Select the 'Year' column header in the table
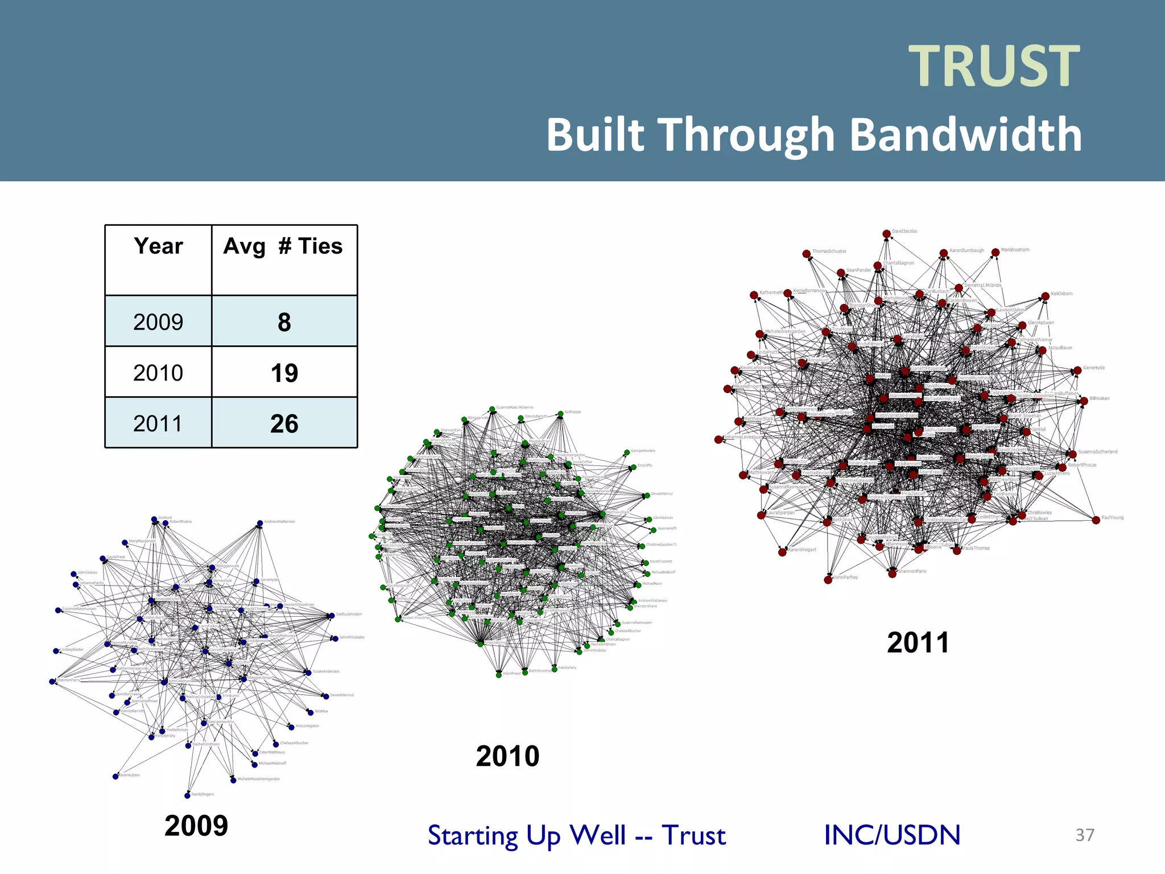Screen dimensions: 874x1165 point(158,246)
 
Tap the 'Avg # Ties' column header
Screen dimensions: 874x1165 point(283,246)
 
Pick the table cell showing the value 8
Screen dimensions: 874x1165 point(284,322)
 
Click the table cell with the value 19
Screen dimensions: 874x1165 point(284,373)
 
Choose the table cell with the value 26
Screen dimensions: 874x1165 point(284,423)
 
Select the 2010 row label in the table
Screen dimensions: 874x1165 point(158,373)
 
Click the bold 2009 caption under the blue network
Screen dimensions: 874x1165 point(196,826)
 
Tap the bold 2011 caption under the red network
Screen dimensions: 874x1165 point(918,642)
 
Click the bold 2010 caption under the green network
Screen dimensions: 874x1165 point(507,756)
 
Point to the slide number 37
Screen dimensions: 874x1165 point(1085,835)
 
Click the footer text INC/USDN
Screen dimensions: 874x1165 point(892,835)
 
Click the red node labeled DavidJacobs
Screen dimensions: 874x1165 point(886,234)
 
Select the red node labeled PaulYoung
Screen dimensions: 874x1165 point(1096,520)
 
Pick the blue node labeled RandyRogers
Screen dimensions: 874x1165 point(187,795)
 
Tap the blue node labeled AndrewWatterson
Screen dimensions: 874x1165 point(259,523)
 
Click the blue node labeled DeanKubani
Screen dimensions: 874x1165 point(115,776)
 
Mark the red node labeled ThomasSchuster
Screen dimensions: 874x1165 point(806,254)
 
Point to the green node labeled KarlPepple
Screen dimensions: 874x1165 point(560,414)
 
